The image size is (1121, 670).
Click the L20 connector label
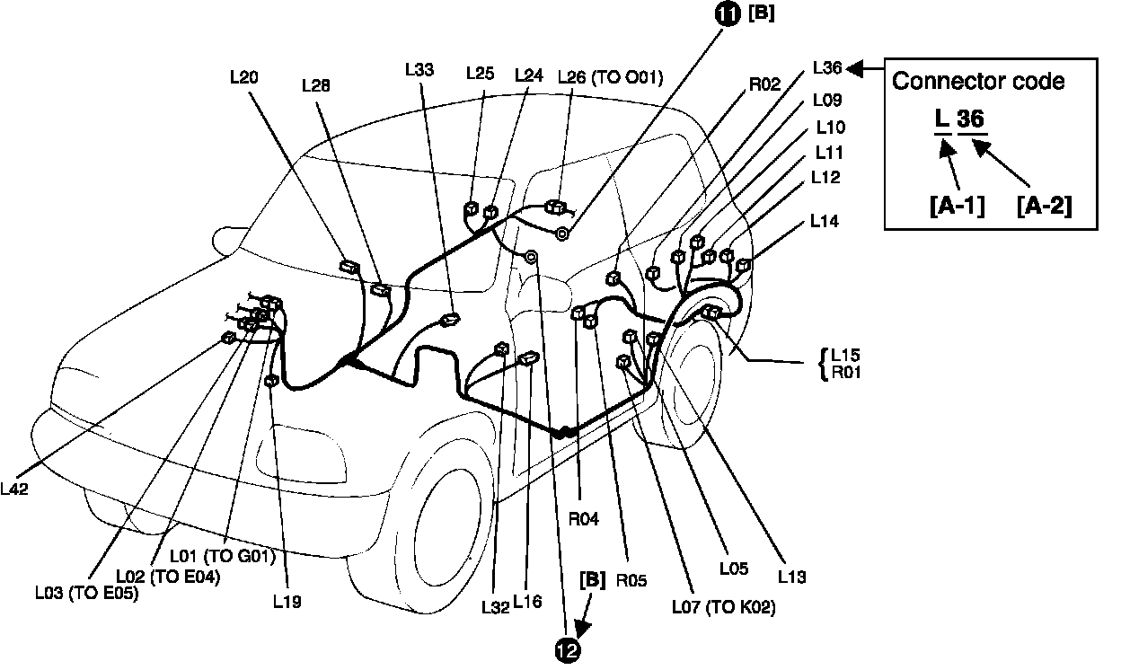click(x=244, y=77)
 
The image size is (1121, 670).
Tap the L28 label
click(x=315, y=85)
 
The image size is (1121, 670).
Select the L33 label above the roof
click(x=419, y=68)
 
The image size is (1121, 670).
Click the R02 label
click(x=765, y=87)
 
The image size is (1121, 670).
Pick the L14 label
click(x=825, y=219)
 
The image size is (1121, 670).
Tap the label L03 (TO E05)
click(x=86, y=592)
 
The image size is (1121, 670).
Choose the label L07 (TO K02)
click(x=723, y=607)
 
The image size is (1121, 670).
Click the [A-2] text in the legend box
click(x=1044, y=206)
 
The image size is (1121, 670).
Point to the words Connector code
click(x=978, y=81)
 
